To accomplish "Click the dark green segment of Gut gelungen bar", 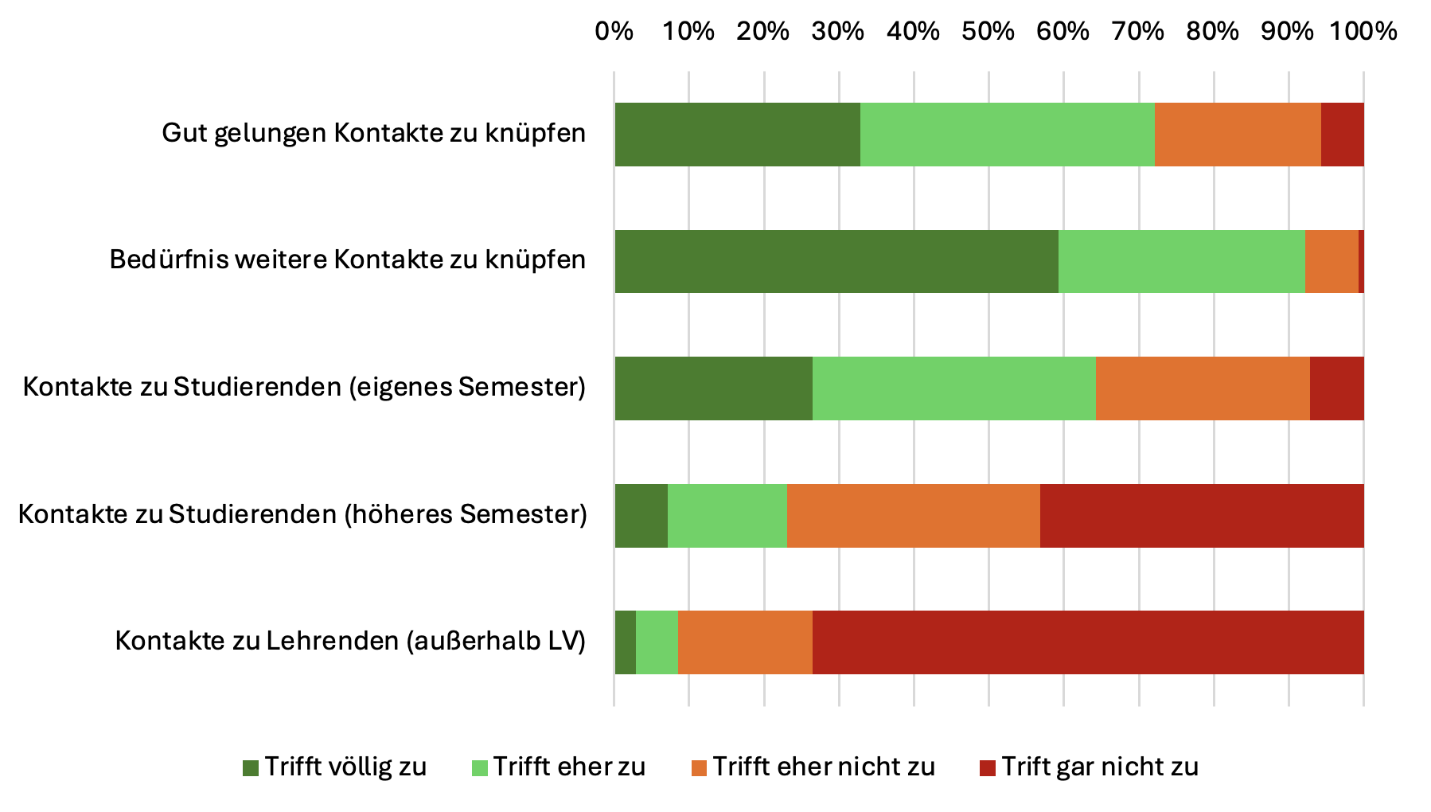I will click(x=737, y=135).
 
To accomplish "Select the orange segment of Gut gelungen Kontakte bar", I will click(x=1237, y=135).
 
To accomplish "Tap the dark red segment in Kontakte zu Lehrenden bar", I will click(x=1087, y=642).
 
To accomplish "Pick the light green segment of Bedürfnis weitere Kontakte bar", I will click(x=1181, y=261).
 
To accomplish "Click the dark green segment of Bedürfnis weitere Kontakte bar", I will click(x=836, y=261).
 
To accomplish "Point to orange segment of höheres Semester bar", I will click(x=913, y=515).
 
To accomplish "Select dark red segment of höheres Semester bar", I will click(x=1201, y=515).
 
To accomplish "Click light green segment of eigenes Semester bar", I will click(x=953, y=388).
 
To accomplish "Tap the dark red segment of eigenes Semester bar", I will click(x=1336, y=388).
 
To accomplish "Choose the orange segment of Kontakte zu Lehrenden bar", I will click(x=745, y=642).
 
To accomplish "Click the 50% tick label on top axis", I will click(x=988, y=32).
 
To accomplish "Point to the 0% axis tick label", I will click(x=614, y=32).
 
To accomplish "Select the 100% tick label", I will click(x=1363, y=32).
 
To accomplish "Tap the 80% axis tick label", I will click(x=1213, y=32).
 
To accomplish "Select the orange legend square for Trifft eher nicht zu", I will click(x=699, y=767).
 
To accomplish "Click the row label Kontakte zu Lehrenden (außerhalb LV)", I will click(x=350, y=641).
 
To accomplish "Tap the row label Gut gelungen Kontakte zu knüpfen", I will click(x=373, y=133).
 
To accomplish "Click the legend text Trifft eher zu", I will click(x=569, y=767).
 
